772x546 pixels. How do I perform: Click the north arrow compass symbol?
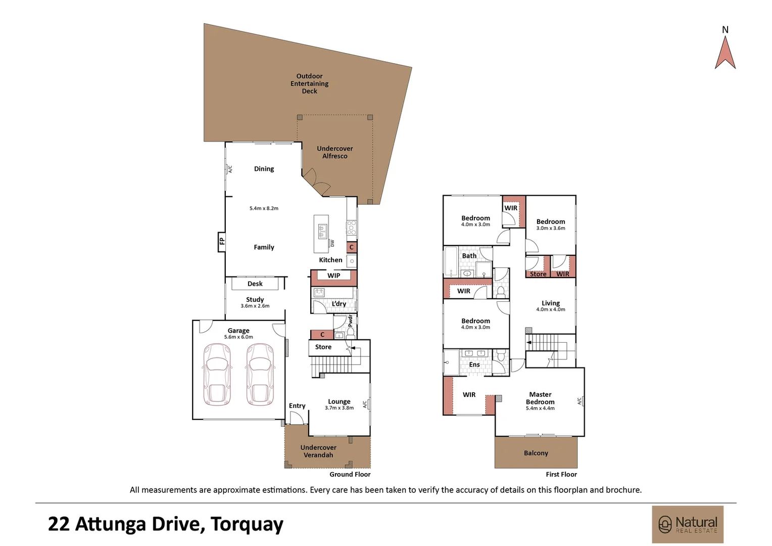point(725,53)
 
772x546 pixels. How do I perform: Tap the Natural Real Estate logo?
point(688,524)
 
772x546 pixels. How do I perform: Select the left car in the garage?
point(217,374)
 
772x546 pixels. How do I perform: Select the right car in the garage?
point(260,374)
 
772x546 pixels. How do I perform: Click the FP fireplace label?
point(221,241)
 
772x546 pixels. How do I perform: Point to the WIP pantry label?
point(333,276)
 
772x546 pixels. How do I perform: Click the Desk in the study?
point(255,284)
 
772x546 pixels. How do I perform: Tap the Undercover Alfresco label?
point(334,152)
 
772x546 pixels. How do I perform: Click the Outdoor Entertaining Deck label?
point(309,83)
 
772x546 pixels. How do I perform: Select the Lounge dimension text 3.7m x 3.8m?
point(339,408)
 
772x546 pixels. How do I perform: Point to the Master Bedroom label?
point(540,398)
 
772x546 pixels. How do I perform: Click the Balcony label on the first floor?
point(536,453)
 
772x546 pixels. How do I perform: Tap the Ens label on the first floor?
point(474,365)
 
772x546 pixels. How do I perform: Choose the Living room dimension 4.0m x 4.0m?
point(551,309)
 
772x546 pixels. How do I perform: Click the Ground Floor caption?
point(350,474)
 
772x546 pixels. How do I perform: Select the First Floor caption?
point(561,474)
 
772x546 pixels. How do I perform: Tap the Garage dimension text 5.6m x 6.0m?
point(238,337)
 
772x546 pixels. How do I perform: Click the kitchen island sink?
point(322,231)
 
